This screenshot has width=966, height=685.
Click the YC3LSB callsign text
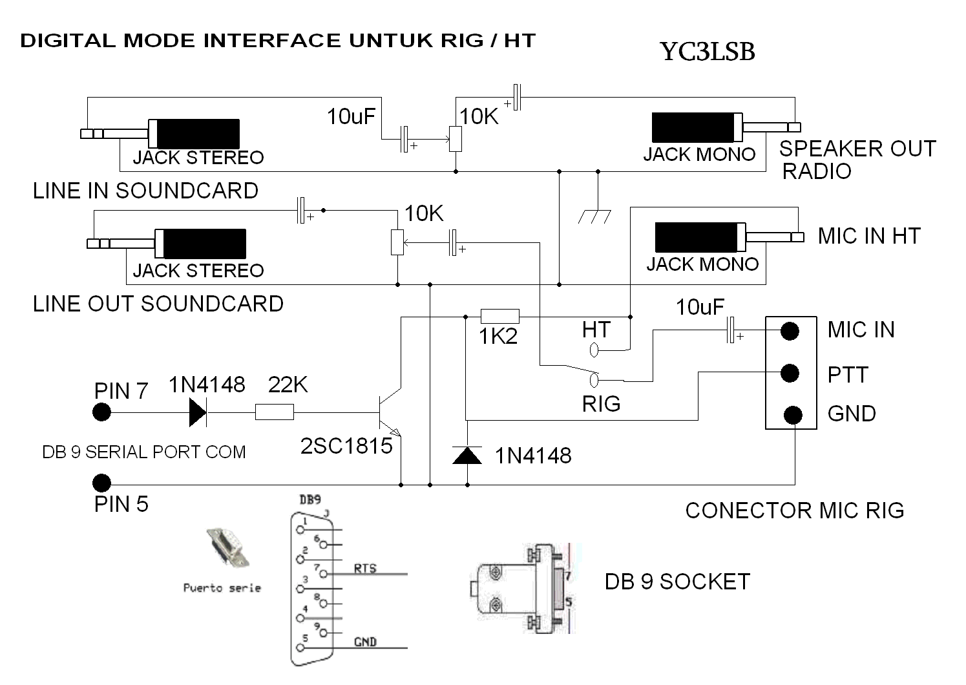[708, 52]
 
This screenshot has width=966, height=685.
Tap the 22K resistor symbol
[275, 412]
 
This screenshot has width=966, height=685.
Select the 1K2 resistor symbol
[499, 316]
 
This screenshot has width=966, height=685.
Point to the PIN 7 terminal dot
[101, 412]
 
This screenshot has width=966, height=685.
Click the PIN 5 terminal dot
[101, 483]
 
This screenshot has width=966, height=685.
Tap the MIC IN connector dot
[790, 331]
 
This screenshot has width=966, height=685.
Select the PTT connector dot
[790, 373]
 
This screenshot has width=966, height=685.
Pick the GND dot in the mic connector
[793, 414]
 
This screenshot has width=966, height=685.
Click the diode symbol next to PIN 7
[197, 412]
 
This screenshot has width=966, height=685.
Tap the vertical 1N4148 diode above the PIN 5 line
[467, 455]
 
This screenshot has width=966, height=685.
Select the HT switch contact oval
[594, 350]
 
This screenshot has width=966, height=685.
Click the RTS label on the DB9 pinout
[365, 568]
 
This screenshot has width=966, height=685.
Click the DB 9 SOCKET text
[677, 582]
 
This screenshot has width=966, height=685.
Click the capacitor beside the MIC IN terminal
[732, 330]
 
